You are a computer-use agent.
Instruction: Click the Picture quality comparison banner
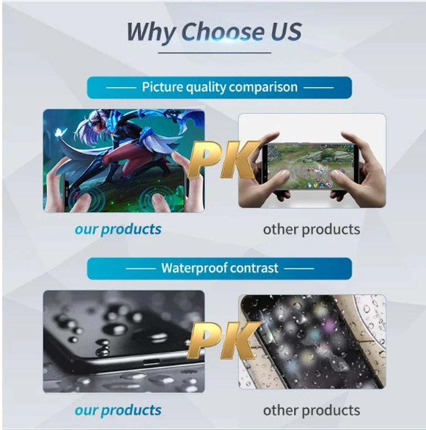(x=219, y=88)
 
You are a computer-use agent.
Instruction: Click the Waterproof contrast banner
(x=219, y=269)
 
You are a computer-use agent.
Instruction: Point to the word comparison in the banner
(x=263, y=88)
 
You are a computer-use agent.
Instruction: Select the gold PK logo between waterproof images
(x=223, y=340)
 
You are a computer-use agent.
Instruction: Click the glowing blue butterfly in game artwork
(x=60, y=134)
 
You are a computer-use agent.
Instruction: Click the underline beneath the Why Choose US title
(x=214, y=53)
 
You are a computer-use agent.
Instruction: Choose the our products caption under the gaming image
(x=118, y=229)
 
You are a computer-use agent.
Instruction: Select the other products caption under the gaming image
(x=311, y=229)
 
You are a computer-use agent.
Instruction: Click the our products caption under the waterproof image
(x=118, y=411)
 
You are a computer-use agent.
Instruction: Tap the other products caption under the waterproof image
(x=311, y=411)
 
